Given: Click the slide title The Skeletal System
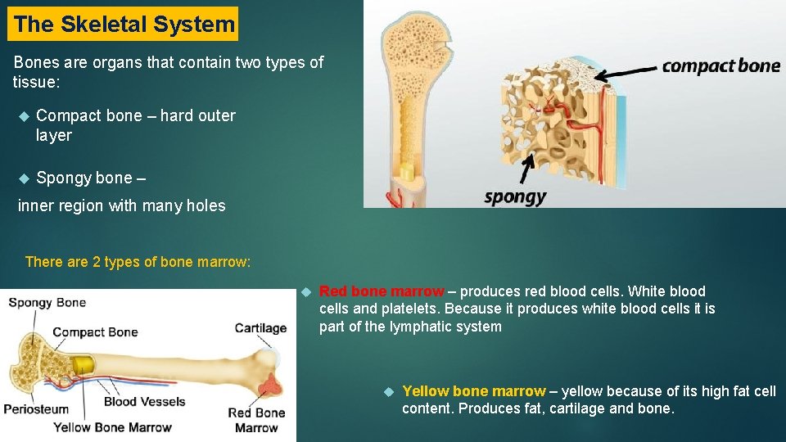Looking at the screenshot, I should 123,25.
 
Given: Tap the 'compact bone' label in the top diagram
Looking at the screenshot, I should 720,65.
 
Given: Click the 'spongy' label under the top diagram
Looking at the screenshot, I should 515,196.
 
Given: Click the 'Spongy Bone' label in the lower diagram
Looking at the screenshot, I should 47,303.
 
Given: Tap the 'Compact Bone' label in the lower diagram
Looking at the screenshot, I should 95,332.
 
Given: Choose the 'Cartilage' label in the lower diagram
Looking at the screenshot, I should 260,328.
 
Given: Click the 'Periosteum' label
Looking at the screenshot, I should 36,408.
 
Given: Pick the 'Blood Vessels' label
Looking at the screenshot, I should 144,401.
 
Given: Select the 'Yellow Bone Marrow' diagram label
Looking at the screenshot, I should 112,427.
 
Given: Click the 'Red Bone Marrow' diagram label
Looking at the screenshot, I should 256,420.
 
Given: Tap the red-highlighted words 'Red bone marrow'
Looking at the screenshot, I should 381,291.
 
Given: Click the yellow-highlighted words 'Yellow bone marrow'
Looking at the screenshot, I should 473,391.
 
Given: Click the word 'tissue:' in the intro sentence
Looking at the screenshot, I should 36,82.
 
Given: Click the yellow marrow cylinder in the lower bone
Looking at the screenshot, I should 83,365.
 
